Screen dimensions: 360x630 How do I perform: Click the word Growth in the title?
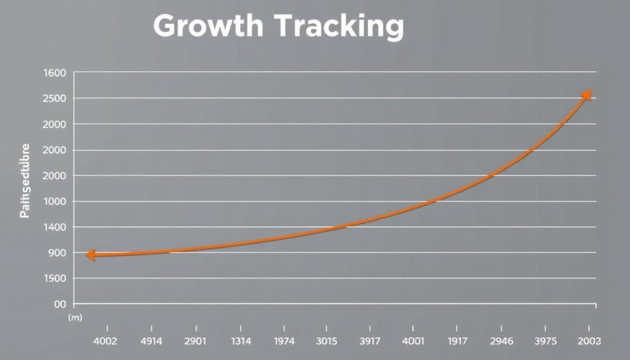(209, 26)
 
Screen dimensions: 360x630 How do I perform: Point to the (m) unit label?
(75, 318)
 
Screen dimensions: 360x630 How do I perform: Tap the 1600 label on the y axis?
(55, 73)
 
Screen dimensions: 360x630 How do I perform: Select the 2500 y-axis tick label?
(55, 99)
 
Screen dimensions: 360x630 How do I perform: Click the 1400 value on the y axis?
(55, 228)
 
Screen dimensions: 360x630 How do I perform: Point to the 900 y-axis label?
(57, 254)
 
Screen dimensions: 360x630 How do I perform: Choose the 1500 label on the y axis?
(55, 279)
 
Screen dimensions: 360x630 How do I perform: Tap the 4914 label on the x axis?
(151, 340)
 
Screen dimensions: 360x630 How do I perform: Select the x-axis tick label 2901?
(195, 340)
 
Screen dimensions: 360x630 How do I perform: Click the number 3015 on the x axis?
(326, 340)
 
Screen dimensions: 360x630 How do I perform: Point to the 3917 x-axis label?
(370, 340)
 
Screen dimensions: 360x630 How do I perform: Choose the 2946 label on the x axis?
(502, 340)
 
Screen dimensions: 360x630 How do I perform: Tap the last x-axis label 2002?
(589, 340)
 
